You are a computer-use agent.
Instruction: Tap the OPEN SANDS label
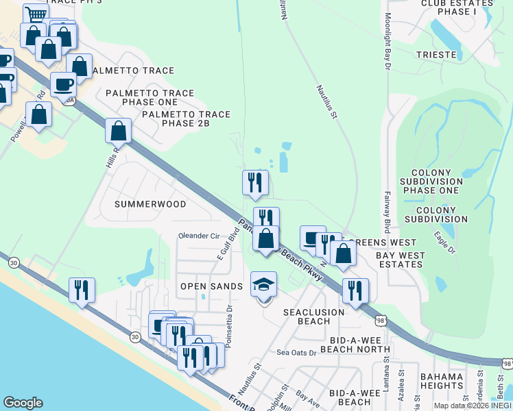click(211, 286)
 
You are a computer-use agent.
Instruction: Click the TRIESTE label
click(436, 54)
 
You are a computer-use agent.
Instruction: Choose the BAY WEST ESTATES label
click(401, 260)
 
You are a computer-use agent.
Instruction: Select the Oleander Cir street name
click(198, 236)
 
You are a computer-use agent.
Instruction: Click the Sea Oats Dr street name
click(296, 353)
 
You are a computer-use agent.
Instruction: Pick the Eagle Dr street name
click(444, 244)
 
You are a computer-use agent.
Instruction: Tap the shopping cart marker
click(36, 14)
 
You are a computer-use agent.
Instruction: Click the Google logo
click(23, 402)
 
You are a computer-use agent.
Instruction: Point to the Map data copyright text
click(473, 406)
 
